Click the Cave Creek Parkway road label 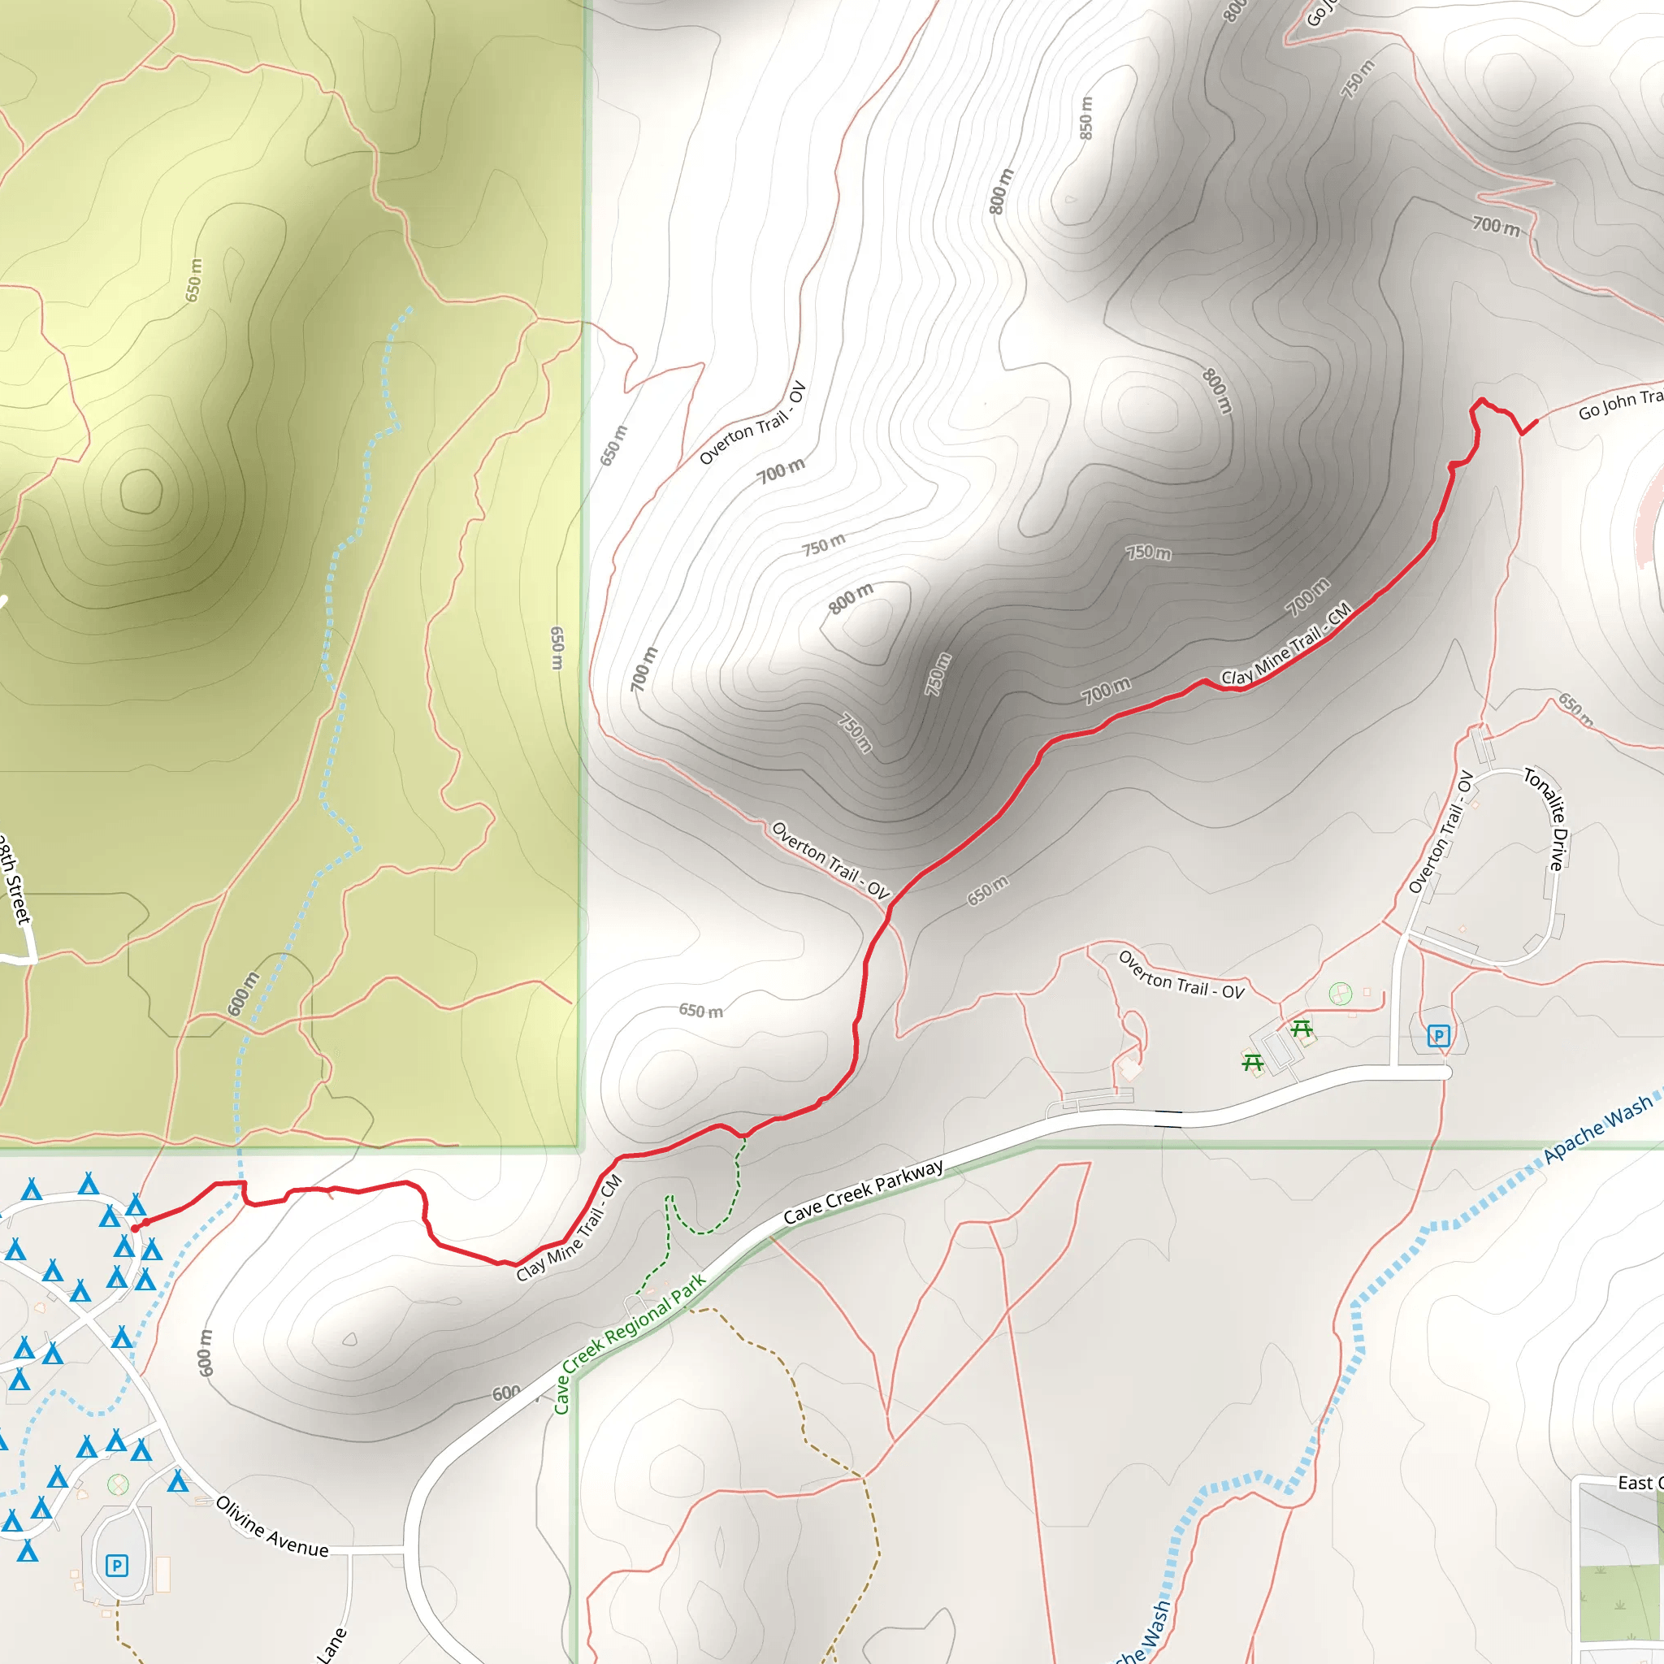[863, 1192]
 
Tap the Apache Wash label [1597, 1129]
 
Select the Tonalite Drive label [1549, 819]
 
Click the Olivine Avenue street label [272, 1526]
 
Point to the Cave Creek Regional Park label [629, 1344]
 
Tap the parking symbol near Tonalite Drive [1437, 1035]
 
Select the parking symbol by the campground [116, 1565]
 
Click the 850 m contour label [1086, 118]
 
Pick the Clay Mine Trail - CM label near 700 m [1286, 644]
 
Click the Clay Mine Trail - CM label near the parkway [570, 1229]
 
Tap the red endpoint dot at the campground [135, 1228]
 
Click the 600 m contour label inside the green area [243, 994]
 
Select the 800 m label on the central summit [850, 599]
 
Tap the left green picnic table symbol [1252, 1063]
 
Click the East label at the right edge [1634, 1483]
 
